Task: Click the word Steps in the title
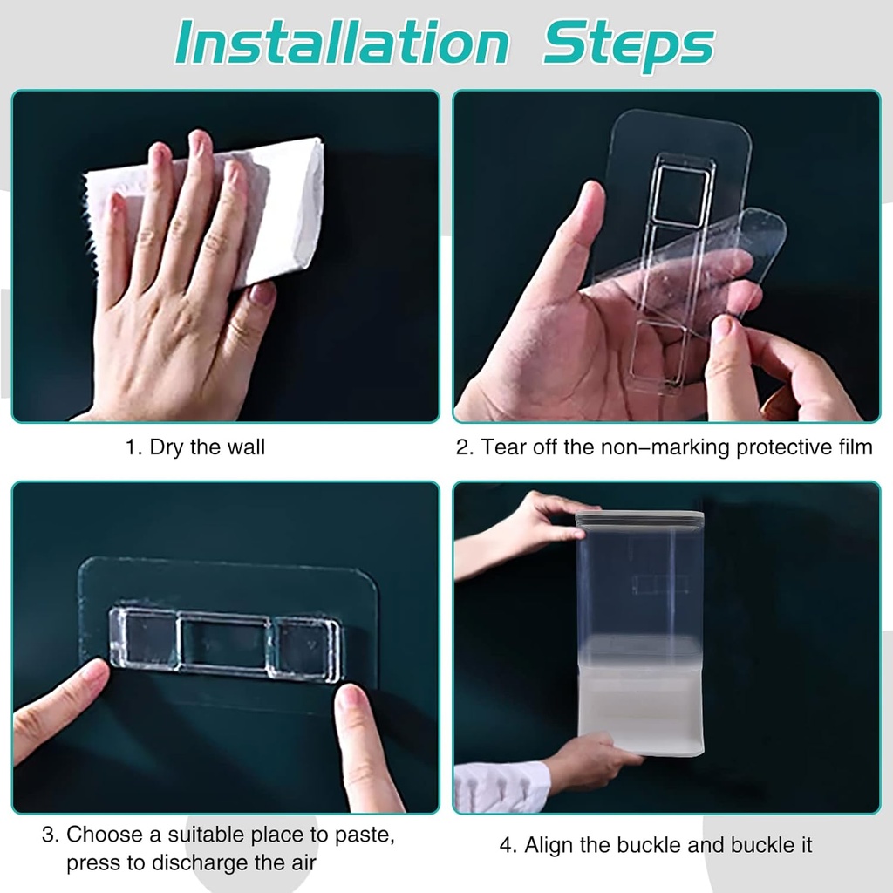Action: [x=628, y=44]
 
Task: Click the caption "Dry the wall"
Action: [x=207, y=447]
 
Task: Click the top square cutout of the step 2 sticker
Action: [x=684, y=195]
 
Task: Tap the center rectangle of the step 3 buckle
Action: [x=223, y=644]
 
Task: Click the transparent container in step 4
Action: [x=640, y=628]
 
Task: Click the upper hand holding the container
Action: [x=532, y=523]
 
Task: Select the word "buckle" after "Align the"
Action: [x=646, y=844]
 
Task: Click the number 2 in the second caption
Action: [x=462, y=447]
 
